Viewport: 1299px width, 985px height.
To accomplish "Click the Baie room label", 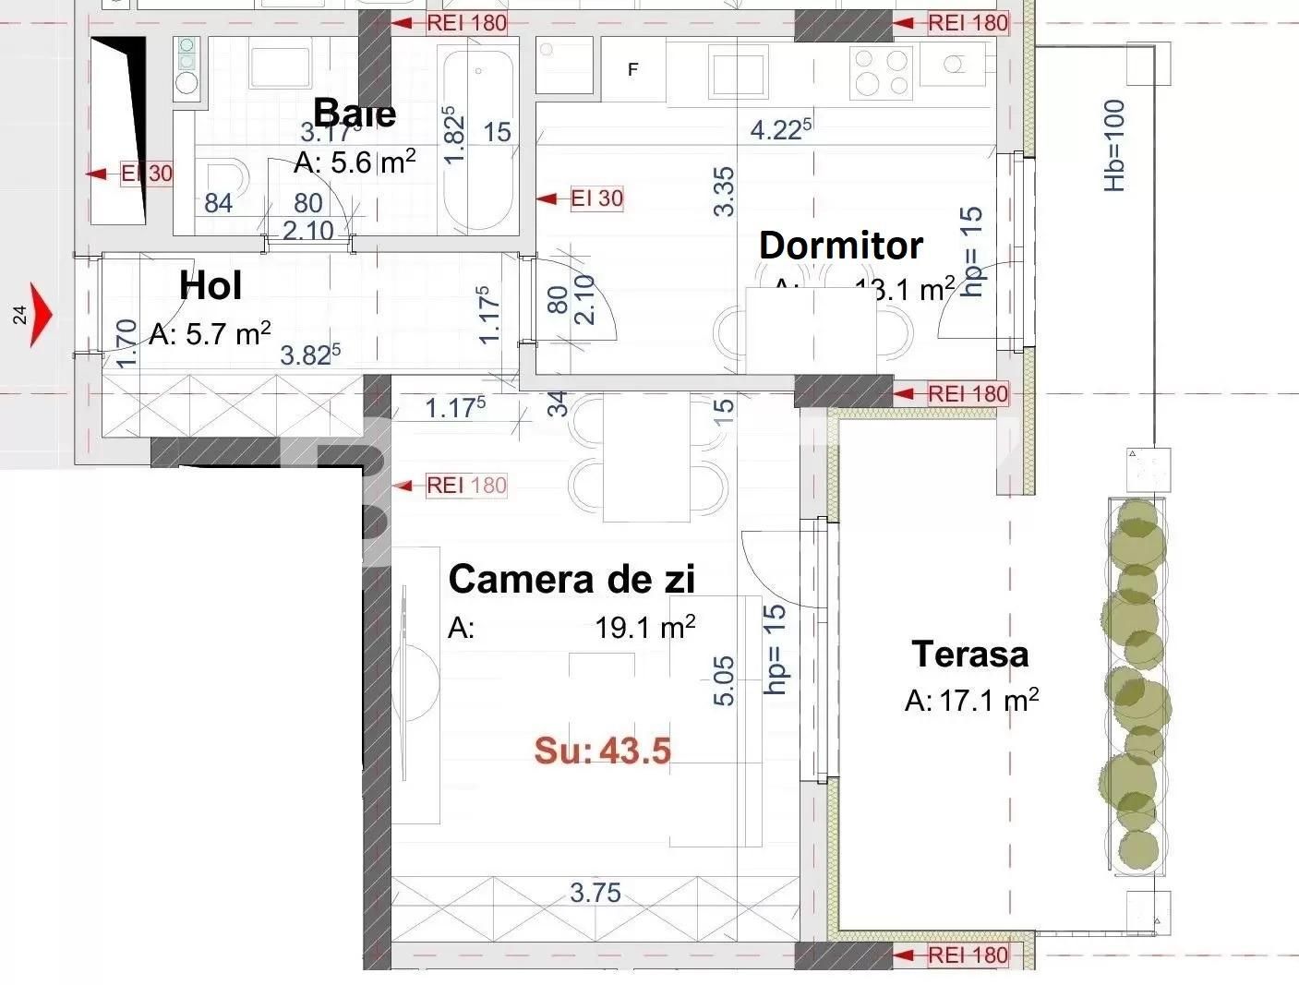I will [355, 113].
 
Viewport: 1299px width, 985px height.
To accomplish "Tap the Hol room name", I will [210, 286].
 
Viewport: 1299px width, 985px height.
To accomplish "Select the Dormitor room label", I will [840, 246].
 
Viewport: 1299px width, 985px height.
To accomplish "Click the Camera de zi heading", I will [571, 580].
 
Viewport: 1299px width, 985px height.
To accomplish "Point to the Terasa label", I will [969, 654].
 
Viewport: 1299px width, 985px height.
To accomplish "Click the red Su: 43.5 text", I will [602, 751].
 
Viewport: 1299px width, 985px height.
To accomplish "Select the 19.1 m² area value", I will [644, 629].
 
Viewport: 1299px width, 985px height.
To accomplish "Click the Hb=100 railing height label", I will [1115, 146].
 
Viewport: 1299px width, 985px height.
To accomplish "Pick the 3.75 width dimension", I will [595, 893].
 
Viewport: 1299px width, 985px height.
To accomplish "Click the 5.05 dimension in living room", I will [725, 680].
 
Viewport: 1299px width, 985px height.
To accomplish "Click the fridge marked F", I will [633, 69].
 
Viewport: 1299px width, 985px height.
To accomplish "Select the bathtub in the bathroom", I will [476, 138].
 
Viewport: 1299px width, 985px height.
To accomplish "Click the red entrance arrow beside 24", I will [42, 315].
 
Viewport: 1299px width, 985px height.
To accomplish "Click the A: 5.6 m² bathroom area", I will [355, 162].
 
